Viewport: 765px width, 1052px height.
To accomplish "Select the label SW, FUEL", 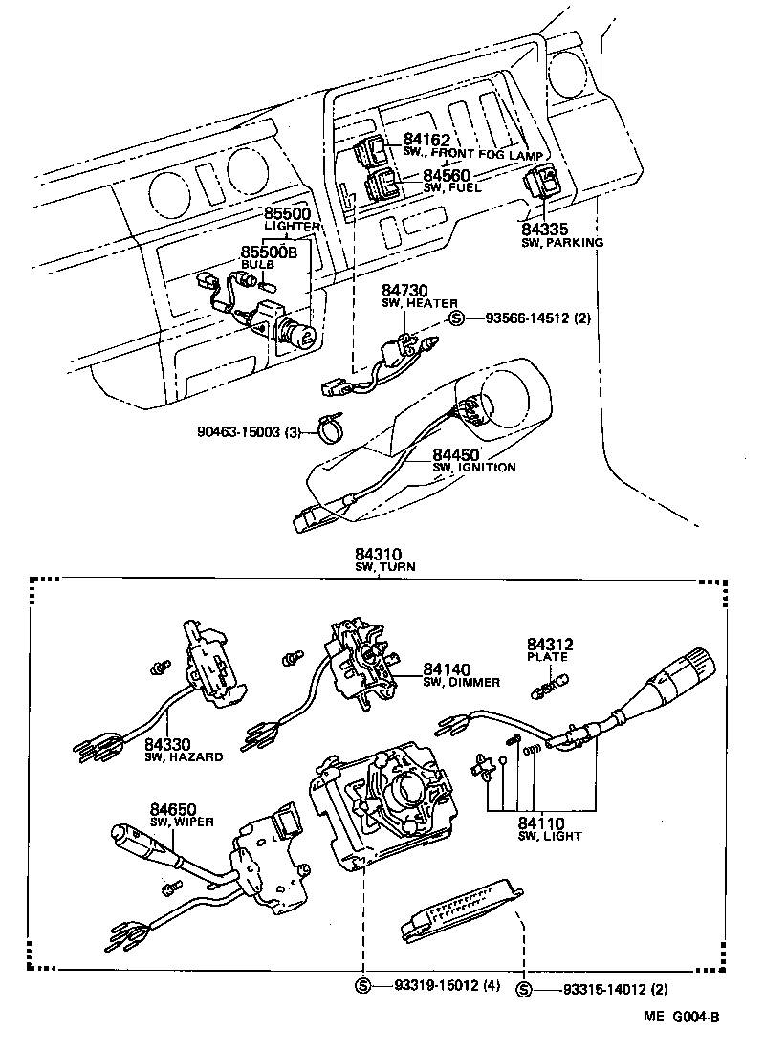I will coord(450,188).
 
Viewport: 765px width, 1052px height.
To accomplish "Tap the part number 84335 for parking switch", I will coord(545,230).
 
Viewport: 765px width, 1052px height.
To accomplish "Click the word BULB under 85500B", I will coord(257,264).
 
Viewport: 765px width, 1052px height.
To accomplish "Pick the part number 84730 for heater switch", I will coord(405,290).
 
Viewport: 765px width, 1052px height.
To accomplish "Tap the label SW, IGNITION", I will coord(474,468).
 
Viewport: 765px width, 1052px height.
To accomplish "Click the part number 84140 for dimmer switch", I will coord(447,668).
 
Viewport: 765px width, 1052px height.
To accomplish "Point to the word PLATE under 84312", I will coord(547,657).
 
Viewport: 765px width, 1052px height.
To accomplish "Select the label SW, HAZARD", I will coord(185,756).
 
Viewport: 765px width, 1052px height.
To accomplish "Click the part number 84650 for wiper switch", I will coord(173,809).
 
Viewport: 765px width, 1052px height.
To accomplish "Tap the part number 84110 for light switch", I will coord(541,822).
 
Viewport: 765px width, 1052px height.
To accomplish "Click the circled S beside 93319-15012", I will coord(362,986).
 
